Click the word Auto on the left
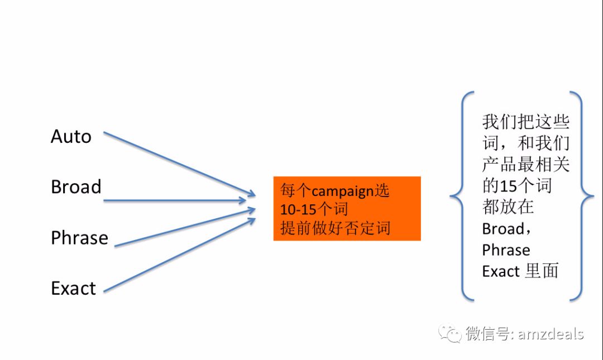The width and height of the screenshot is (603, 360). click(x=71, y=137)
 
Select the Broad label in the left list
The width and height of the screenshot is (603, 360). click(x=76, y=187)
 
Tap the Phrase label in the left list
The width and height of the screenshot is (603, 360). click(x=80, y=238)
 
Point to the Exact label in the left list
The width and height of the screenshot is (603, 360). click(x=74, y=289)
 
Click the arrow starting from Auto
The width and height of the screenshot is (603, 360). click(x=180, y=164)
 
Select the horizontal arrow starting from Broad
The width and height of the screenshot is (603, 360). click(x=175, y=200)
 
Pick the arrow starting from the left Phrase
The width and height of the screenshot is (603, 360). click(x=185, y=228)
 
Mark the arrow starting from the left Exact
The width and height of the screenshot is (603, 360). click(x=180, y=255)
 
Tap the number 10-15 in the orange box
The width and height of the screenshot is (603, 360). click(x=298, y=210)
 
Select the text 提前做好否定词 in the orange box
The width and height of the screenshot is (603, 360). click(x=336, y=228)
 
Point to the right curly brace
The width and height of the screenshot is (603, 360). click(x=581, y=196)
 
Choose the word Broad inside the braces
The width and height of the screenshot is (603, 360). click(x=503, y=229)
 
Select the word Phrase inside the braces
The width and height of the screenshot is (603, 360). click(x=506, y=250)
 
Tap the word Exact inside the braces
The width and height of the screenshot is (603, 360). click(x=501, y=272)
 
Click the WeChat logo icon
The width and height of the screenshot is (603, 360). click(x=449, y=333)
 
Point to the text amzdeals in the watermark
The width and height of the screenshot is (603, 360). click(x=551, y=334)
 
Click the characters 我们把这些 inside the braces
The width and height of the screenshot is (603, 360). click(x=526, y=122)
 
